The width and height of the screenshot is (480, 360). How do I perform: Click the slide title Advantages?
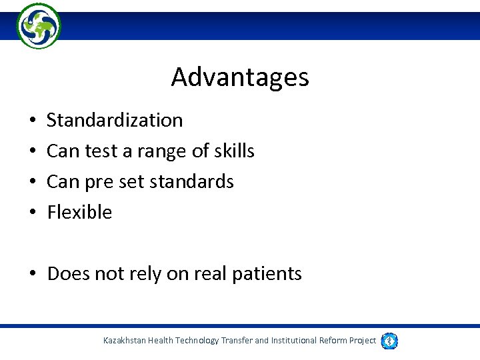tap(240, 77)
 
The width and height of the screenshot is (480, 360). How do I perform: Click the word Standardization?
tap(115, 121)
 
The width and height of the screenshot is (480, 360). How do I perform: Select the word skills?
tap(234, 151)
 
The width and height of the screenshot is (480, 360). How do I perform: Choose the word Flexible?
tap(79, 212)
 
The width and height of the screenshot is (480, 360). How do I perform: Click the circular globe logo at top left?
tap(39, 26)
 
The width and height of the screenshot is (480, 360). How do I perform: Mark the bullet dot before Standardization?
tap(33, 121)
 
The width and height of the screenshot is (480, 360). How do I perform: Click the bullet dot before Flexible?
tap(33, 213)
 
